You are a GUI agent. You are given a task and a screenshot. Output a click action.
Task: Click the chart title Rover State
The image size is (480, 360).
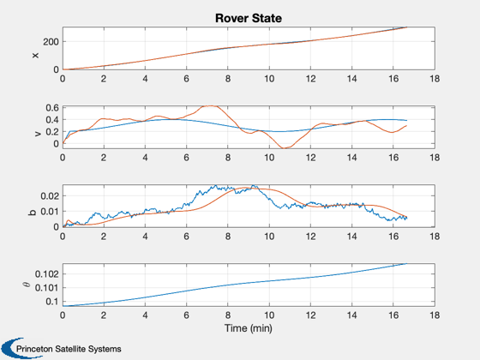tap(249, 18)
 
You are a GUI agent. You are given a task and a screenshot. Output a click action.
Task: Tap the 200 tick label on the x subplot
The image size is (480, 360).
tap(51, 42)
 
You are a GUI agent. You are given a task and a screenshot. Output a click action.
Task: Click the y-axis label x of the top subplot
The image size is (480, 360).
tap(35, 55)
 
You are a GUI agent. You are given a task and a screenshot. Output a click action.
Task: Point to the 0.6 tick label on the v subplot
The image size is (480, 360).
tap(52, 108)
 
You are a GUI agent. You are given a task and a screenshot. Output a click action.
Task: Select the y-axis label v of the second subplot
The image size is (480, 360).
tap(38, 134)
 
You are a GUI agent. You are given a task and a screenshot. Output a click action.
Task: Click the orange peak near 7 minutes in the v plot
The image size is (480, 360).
tap(210, 106)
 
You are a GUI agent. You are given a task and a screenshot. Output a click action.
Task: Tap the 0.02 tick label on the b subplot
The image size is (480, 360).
tap(50, 196)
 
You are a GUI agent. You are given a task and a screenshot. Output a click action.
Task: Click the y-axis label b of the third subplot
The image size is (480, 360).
tap(33, 212)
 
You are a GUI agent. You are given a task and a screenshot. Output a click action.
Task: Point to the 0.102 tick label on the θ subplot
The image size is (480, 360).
tap(47, 274)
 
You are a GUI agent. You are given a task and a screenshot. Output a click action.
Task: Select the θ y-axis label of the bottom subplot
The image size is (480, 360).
tap(27, 285)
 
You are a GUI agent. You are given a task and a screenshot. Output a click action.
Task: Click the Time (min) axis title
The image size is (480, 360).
tap(249, 328)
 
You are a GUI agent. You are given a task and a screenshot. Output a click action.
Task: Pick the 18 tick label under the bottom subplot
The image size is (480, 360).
tap(435, 315)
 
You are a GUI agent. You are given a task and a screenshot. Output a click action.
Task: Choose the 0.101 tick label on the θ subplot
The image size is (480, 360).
tap(47, 288)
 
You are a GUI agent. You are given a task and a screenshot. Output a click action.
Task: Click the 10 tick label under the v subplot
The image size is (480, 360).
tap(269, 158)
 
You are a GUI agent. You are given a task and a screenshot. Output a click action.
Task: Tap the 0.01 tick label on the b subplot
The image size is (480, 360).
tap(50, 212)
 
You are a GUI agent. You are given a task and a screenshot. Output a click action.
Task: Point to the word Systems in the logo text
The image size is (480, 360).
tap(105, 349)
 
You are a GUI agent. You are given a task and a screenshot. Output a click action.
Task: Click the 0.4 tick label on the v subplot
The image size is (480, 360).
tap(52, 120)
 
